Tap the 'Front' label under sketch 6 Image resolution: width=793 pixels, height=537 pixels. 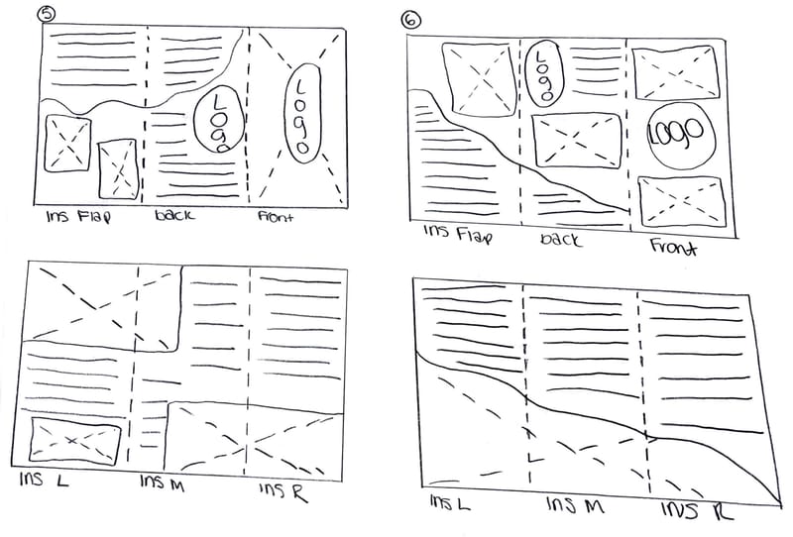click(x=673, y=247)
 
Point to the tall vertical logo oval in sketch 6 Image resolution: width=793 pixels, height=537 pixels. click(x=542, y=73)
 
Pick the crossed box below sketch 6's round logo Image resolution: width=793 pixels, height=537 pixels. click(x=678, y=201)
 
